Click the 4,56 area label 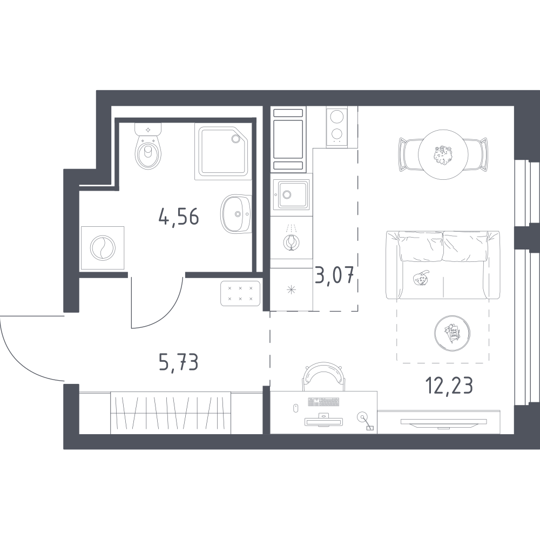(x=179, y=217)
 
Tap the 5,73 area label (x=178, y=362)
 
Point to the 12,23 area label (x=449, y=385)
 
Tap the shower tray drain (x=235, y=138)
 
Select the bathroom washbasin (x=237, y=214)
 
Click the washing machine (x=102, y=248)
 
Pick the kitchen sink (x=292, y=194)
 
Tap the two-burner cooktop (x=337, y=126)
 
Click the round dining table (x=443, y=154)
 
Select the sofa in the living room (x=443, y=265)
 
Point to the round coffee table (x=452, y=333)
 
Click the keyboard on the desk (x=323, y=402)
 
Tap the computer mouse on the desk (x=295, y=408)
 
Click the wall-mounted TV (x=443, y=422)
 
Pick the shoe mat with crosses (x=240, y=293)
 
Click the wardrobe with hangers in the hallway (x=171, y=413)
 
